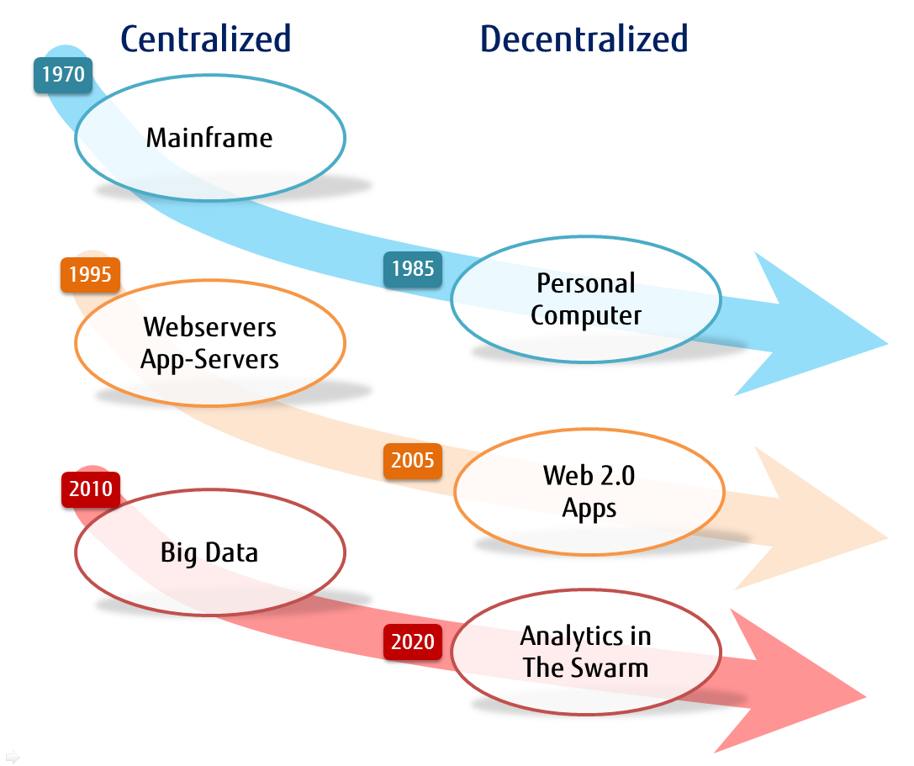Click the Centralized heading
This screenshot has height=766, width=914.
[205, 39]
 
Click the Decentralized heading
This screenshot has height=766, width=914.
[584, 39]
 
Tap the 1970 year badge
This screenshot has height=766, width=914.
[63, 75]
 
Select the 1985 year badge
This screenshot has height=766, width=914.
[412, 268]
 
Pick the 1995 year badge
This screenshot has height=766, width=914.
[90, 275]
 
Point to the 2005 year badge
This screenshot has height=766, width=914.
[412, 461]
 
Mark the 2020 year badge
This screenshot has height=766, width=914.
[412, 642]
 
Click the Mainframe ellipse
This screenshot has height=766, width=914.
[209, 138]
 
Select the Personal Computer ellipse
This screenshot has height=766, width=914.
[585, 300]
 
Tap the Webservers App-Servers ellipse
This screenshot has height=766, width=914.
[209, 342]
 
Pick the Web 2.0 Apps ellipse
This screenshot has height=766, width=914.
[589, 492]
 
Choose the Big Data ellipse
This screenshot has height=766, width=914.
[209, 552]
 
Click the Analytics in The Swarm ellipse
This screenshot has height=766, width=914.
[585, 652]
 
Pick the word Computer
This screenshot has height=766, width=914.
[585, 316]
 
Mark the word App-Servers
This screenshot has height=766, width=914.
[209, 359]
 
